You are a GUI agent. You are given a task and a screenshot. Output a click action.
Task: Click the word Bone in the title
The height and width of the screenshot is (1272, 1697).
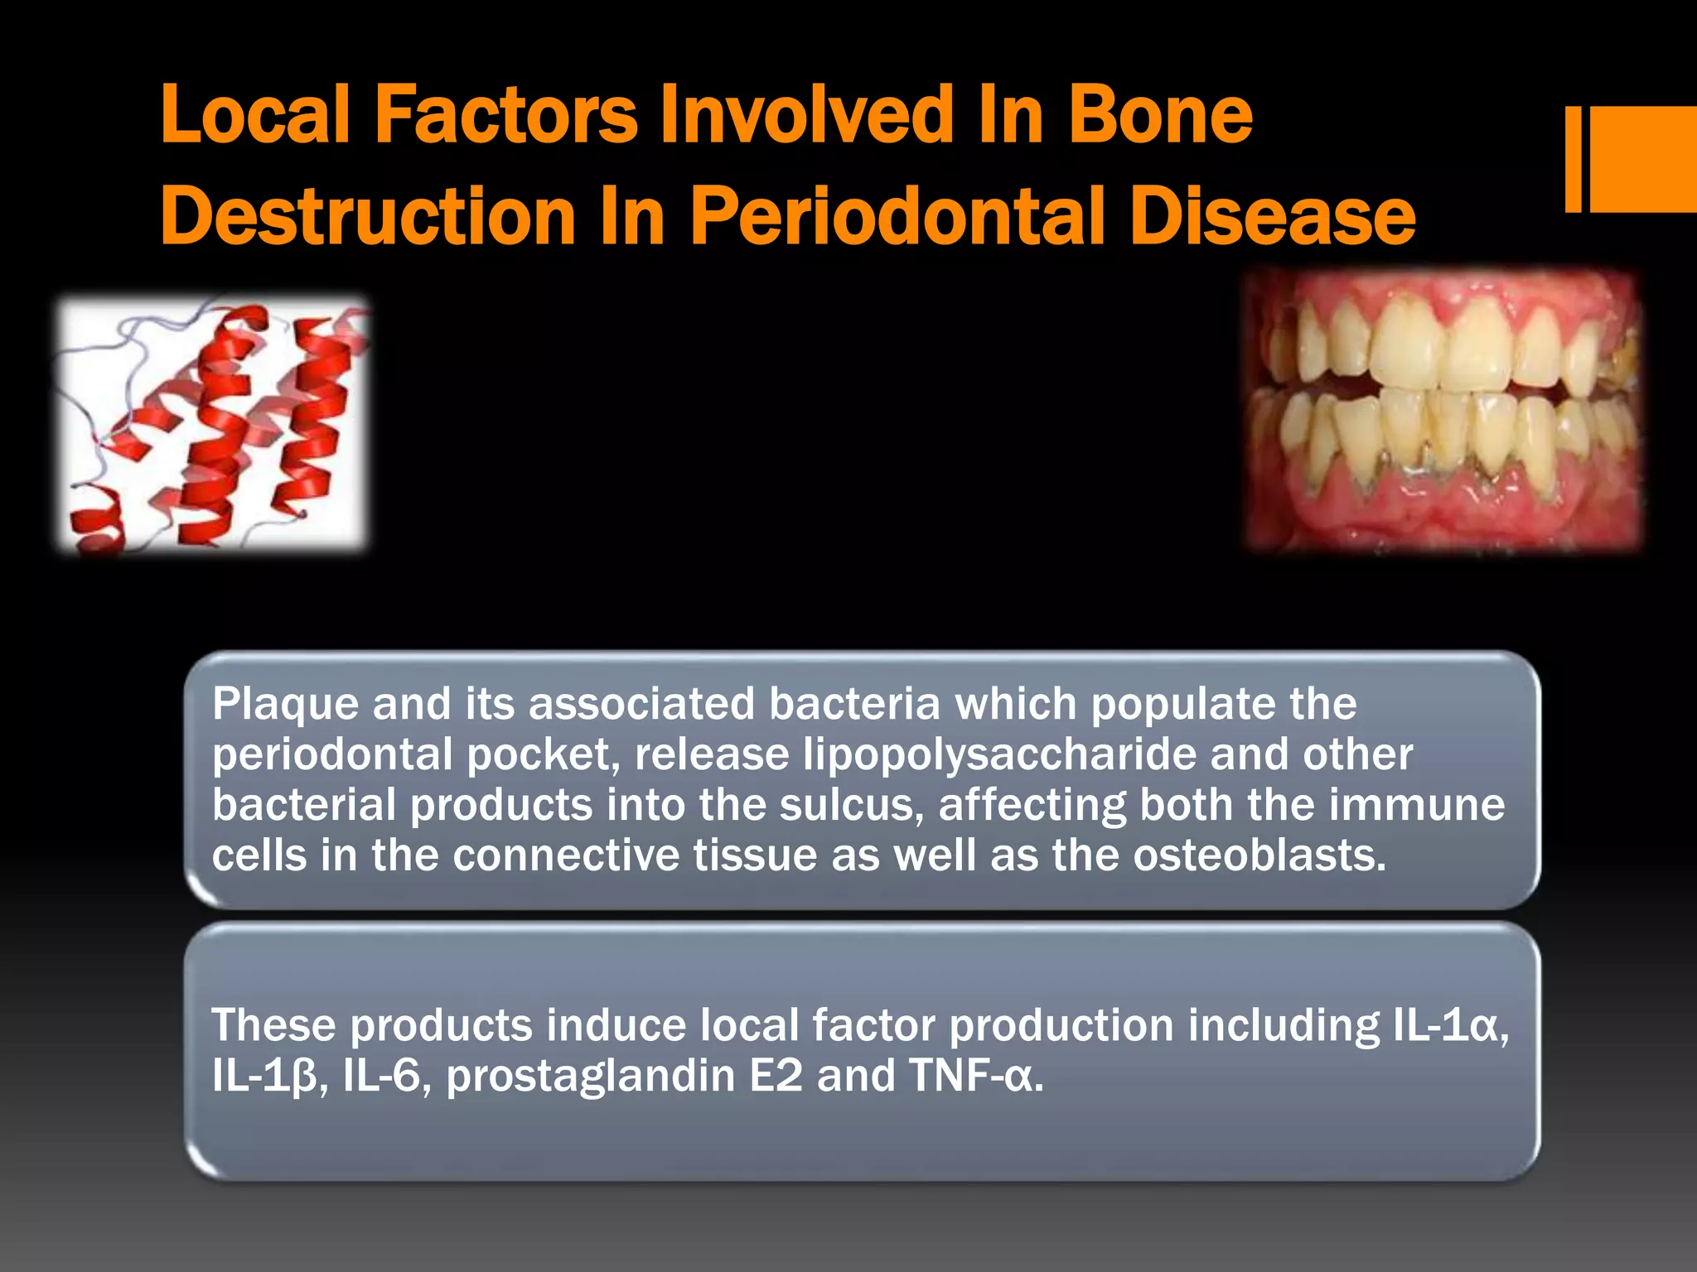point(1159,116)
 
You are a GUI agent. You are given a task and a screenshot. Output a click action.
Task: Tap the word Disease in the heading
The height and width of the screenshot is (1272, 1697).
point(1272,217)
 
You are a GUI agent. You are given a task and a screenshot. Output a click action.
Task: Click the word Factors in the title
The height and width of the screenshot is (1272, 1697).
point(505,116)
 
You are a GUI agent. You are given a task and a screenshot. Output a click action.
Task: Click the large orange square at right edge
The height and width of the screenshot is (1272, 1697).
point(1643,159)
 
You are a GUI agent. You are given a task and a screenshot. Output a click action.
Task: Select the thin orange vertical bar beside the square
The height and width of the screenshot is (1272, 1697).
point(1573,159)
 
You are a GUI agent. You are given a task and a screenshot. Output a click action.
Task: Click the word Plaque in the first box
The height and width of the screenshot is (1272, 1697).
point(285,705)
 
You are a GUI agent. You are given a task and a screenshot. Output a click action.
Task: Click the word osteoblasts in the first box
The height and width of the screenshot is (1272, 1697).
point(1259,855)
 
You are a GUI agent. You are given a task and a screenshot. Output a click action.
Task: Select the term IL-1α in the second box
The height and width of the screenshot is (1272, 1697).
point(1445,1026)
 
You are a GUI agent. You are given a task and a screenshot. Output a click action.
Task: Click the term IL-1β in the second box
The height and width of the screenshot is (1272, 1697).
point(264,1077)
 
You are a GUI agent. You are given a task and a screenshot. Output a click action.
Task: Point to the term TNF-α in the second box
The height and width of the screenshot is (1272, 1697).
point(974,1077)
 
